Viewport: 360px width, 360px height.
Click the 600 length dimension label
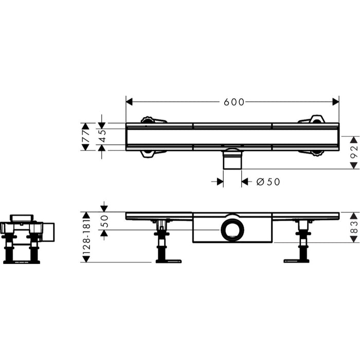click(x=234, y=102)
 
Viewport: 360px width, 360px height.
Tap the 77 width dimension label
click(x=85, y=137)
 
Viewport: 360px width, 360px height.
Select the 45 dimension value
click(x=102, y=136)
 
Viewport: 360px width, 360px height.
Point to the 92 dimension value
click(x=354, y=152)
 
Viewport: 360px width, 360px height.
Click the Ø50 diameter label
click(x=268, y=182)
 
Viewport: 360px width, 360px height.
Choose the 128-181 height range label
click(x=86, y=237)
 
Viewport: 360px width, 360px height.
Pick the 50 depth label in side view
click(x=104, y=221)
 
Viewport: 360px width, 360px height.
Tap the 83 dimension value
click(x=354, y=227)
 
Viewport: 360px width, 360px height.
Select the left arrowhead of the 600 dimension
click(x=129, y=102)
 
